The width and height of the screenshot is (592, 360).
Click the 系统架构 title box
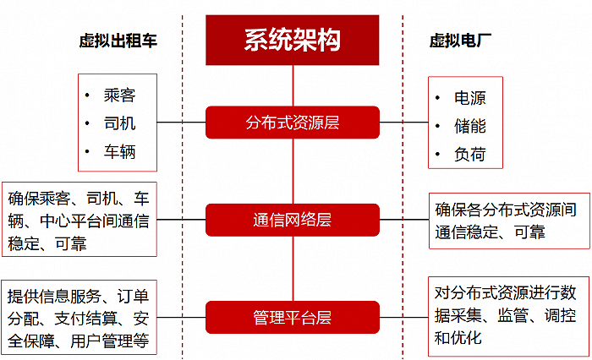pos(293,40)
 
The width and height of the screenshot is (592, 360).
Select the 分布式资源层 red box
pos(293,122)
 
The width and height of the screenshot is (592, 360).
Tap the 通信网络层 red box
pos(293,220)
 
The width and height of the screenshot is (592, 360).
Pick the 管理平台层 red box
pos(293,318)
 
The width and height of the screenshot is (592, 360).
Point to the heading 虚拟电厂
pos(461,41)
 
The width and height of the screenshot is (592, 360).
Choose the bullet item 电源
pos(470,98)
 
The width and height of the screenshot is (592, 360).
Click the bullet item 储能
pos(470,127)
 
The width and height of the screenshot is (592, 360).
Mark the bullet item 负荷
pos(470,155)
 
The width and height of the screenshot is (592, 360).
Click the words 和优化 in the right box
pos(458,337)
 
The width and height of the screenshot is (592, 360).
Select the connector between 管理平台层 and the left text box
pos(182,318)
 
